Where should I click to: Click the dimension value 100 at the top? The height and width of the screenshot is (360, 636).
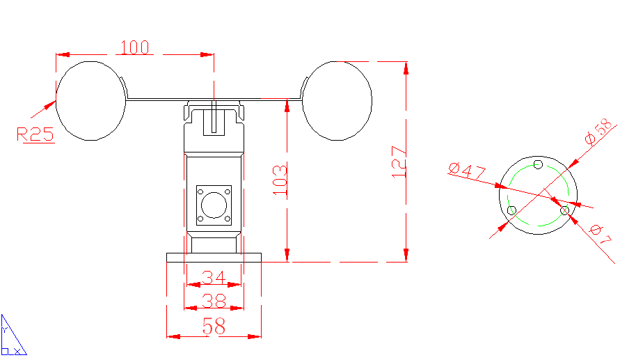135,47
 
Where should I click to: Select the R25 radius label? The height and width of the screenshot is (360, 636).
35,134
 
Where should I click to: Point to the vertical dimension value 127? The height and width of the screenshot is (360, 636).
398,162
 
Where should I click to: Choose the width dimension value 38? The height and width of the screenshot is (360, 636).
214,301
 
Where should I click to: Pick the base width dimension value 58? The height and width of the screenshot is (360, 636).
214,326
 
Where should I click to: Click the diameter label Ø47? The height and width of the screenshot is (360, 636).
467,172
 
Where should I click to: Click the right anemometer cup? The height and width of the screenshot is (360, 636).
337,100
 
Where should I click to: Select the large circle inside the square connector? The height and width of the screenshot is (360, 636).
214,205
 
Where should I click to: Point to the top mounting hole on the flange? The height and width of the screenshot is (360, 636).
538,164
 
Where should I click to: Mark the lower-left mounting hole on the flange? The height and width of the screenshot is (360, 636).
512,210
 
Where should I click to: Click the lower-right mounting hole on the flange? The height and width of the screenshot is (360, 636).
564,210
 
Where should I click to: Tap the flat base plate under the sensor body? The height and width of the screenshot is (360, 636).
214,258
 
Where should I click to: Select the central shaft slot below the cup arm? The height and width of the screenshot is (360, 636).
214,118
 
